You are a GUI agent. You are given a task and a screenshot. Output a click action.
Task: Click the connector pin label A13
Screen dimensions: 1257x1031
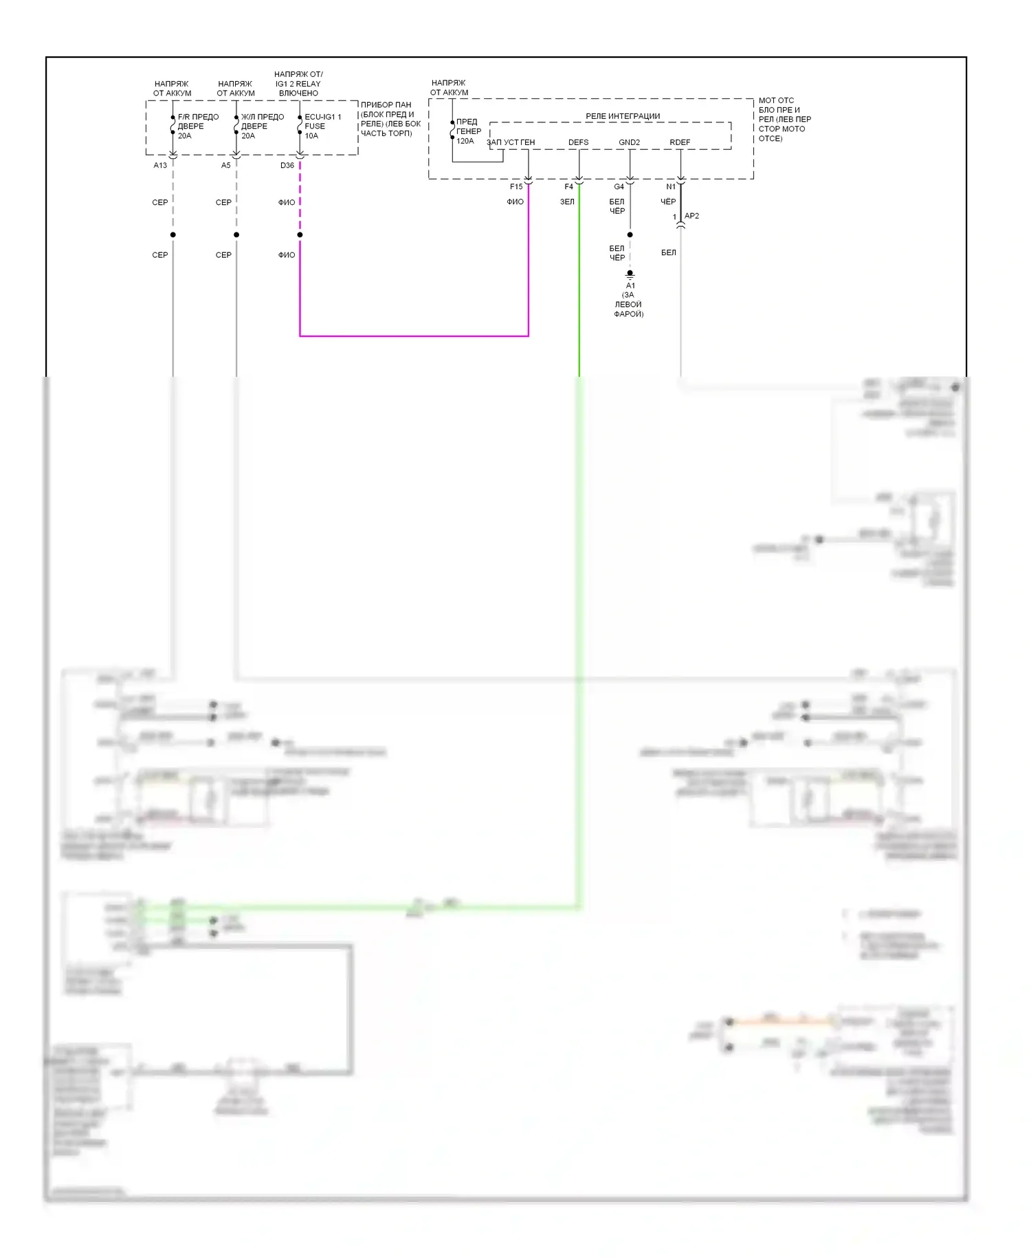point(160,166)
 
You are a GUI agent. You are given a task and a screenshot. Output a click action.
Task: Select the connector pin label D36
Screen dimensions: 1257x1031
point(287,166)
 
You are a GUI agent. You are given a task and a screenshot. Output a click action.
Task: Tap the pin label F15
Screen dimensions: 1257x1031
point(516,187)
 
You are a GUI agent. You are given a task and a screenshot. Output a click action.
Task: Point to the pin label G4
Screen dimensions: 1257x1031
point(619,187)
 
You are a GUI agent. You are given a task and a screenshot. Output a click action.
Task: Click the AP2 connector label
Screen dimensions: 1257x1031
point(691,216)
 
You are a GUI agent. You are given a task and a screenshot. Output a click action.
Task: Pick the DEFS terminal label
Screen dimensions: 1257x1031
point(578,143)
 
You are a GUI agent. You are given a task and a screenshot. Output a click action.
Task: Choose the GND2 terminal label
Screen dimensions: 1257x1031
point(629,143)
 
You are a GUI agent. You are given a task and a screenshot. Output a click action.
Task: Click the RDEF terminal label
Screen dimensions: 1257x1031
point(680,143)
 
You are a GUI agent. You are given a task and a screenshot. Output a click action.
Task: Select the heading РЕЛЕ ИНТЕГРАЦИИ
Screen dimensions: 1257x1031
point(623,117)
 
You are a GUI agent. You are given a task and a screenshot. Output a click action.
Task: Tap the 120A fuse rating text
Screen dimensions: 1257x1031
point(465,141)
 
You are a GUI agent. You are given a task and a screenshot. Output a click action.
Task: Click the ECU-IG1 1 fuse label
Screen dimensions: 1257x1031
point(322,117)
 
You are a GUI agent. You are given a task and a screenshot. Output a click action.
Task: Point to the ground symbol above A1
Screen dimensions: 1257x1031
point(630,274)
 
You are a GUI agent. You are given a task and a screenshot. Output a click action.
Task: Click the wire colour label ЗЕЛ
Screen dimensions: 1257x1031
point(567,202)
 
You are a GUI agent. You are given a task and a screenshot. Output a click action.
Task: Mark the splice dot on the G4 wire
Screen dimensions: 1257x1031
point(630,235)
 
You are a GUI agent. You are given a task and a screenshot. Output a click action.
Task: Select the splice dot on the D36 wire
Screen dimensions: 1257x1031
point(300,235)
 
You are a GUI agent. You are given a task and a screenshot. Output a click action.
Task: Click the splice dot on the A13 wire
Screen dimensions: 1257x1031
point(173,235)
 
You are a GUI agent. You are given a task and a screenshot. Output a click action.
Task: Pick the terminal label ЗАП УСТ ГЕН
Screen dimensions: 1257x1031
point(511,143)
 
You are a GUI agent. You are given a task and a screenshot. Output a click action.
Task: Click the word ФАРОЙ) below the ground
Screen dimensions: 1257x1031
point(628,314)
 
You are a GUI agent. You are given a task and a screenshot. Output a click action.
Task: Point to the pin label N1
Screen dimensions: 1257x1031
point(671,187)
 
